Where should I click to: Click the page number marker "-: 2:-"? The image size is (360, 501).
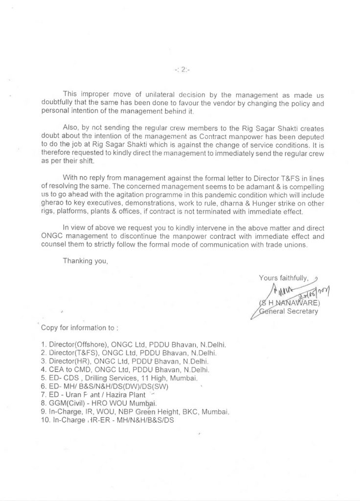(x=182, y=70)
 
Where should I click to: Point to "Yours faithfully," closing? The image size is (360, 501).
(x=284, y=278)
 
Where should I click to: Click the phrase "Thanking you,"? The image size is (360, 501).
(x=85, y=261)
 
